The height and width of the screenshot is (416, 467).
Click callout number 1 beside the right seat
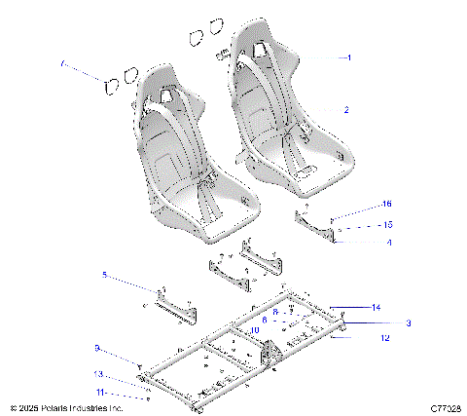coord(348,57)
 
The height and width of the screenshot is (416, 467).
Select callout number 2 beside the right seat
coord(345,110)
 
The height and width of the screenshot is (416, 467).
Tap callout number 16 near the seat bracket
coord(359,205)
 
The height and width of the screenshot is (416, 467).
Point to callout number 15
coord(359,224)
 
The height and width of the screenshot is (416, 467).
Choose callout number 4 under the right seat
coord(362,242)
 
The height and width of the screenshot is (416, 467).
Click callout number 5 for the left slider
coord(104,276)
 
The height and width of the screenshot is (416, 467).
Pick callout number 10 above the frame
coord(254,331)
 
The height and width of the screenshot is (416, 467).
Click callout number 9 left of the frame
coord(96,347)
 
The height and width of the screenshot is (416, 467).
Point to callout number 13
coord(97,373)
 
